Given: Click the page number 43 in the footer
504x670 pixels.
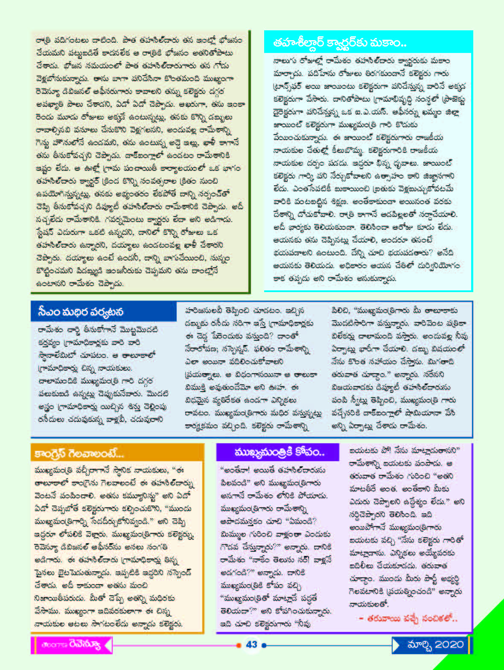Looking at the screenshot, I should pos(252,644).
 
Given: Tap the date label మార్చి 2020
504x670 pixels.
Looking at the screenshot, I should pos(435,644).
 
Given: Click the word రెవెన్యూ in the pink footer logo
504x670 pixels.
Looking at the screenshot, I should pos(85,645).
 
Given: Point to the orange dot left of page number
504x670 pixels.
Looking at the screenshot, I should pos(238,645).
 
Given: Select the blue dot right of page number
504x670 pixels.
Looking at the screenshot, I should pos(264,645).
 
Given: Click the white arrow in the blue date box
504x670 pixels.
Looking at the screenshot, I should pos(396,645).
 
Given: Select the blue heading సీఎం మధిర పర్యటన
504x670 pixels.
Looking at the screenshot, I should pos(81,312).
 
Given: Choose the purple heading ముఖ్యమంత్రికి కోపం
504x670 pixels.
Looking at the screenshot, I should pos(280,452).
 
